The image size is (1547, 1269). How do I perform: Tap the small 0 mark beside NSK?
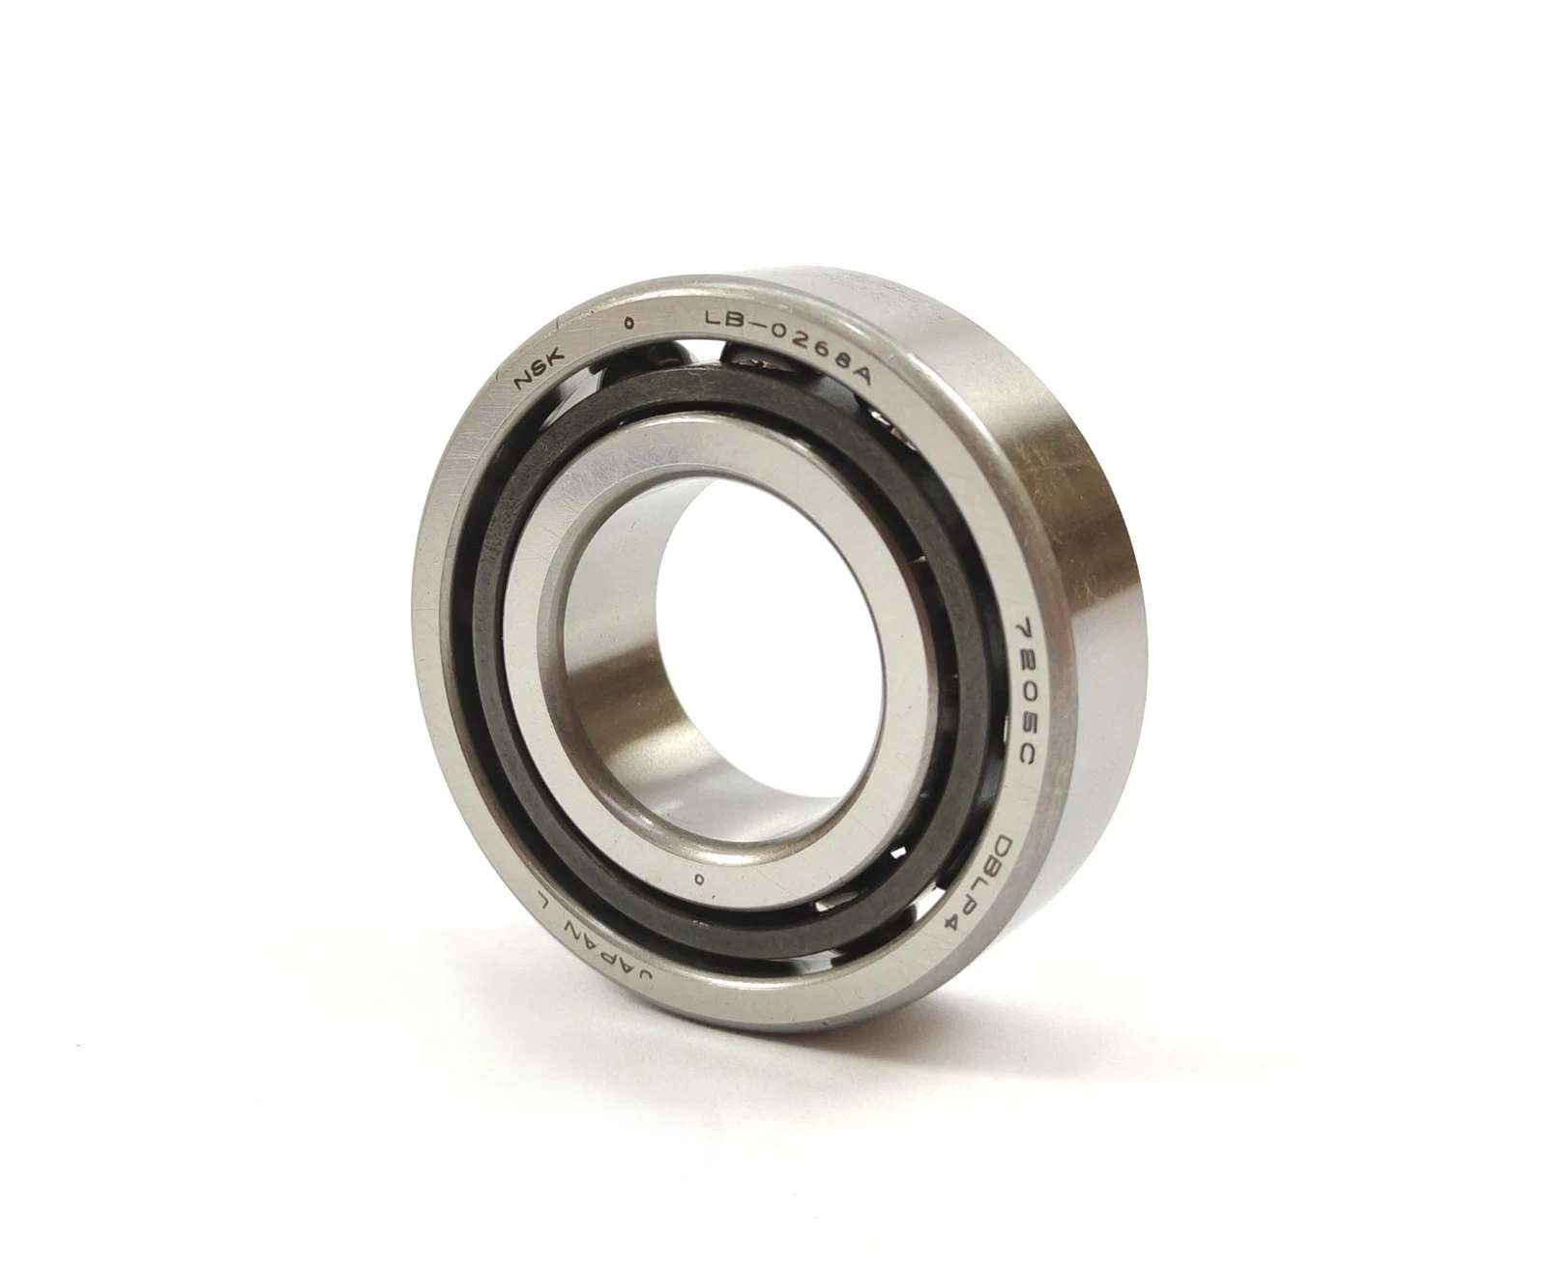tap(628, 323)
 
